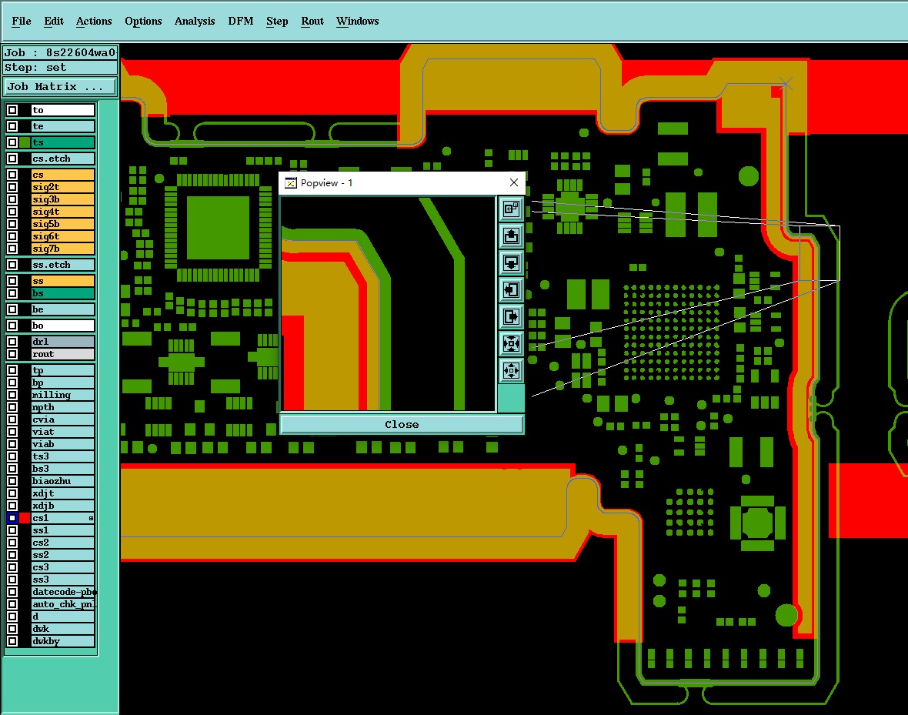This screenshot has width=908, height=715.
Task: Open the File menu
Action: pyautogui.click(x=22, y=22)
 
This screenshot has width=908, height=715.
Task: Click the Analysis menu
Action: pyautogui.click(x=195, y=22)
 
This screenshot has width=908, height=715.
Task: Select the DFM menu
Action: pyautogui.click(x=241, y=22)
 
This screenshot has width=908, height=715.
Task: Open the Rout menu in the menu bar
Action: pyautogui.click(x=312, y=22)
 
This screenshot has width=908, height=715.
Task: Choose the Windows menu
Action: pyautogui.click(x=357, y=22)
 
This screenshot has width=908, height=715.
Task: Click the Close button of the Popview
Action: pyautogui.click(x=402, y=424)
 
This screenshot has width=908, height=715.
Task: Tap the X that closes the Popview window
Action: pyautogui.click(x=514, y=182)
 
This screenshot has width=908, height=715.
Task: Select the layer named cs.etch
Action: pyautogui.click(x=63, y=159)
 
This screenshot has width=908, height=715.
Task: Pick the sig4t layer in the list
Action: pyautogui.click(x=63, y=212)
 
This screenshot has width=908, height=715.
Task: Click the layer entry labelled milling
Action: pyautogui.click(x=63, y=395)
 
